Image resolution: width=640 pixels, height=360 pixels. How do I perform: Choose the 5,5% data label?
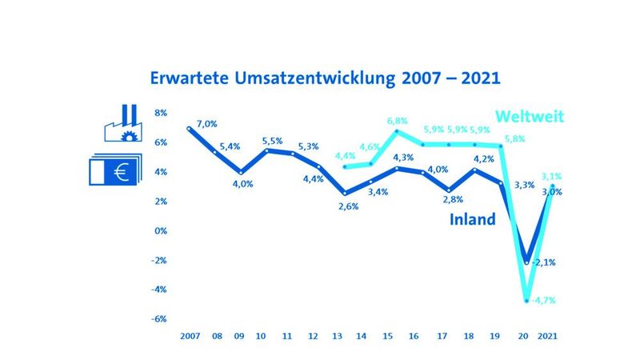[273, 141]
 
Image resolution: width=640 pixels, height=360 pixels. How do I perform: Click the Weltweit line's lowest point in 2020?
[526, 301]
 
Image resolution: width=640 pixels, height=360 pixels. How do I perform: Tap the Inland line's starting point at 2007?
[190, 128]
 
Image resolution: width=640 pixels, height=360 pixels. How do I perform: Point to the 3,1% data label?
[551, 176]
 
